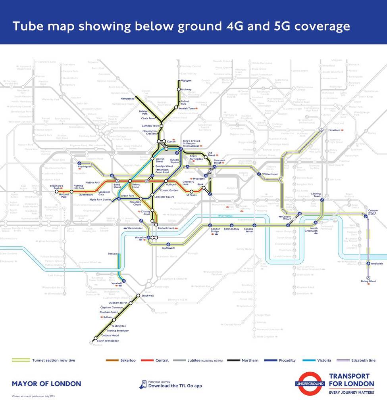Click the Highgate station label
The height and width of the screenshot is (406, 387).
186,80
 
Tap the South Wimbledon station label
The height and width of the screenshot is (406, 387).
108,341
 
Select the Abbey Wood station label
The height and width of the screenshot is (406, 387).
368,281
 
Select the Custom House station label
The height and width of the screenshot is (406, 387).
373,211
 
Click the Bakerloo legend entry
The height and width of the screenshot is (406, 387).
128,360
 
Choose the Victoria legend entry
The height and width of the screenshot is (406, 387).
324,360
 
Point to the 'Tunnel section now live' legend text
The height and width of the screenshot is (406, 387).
54,360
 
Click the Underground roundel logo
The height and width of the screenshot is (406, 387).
310,383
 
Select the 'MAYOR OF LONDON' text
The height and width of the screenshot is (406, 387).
46,384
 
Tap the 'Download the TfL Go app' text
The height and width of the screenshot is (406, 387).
175,386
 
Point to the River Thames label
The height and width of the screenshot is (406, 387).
226,216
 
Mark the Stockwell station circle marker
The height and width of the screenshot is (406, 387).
138,296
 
